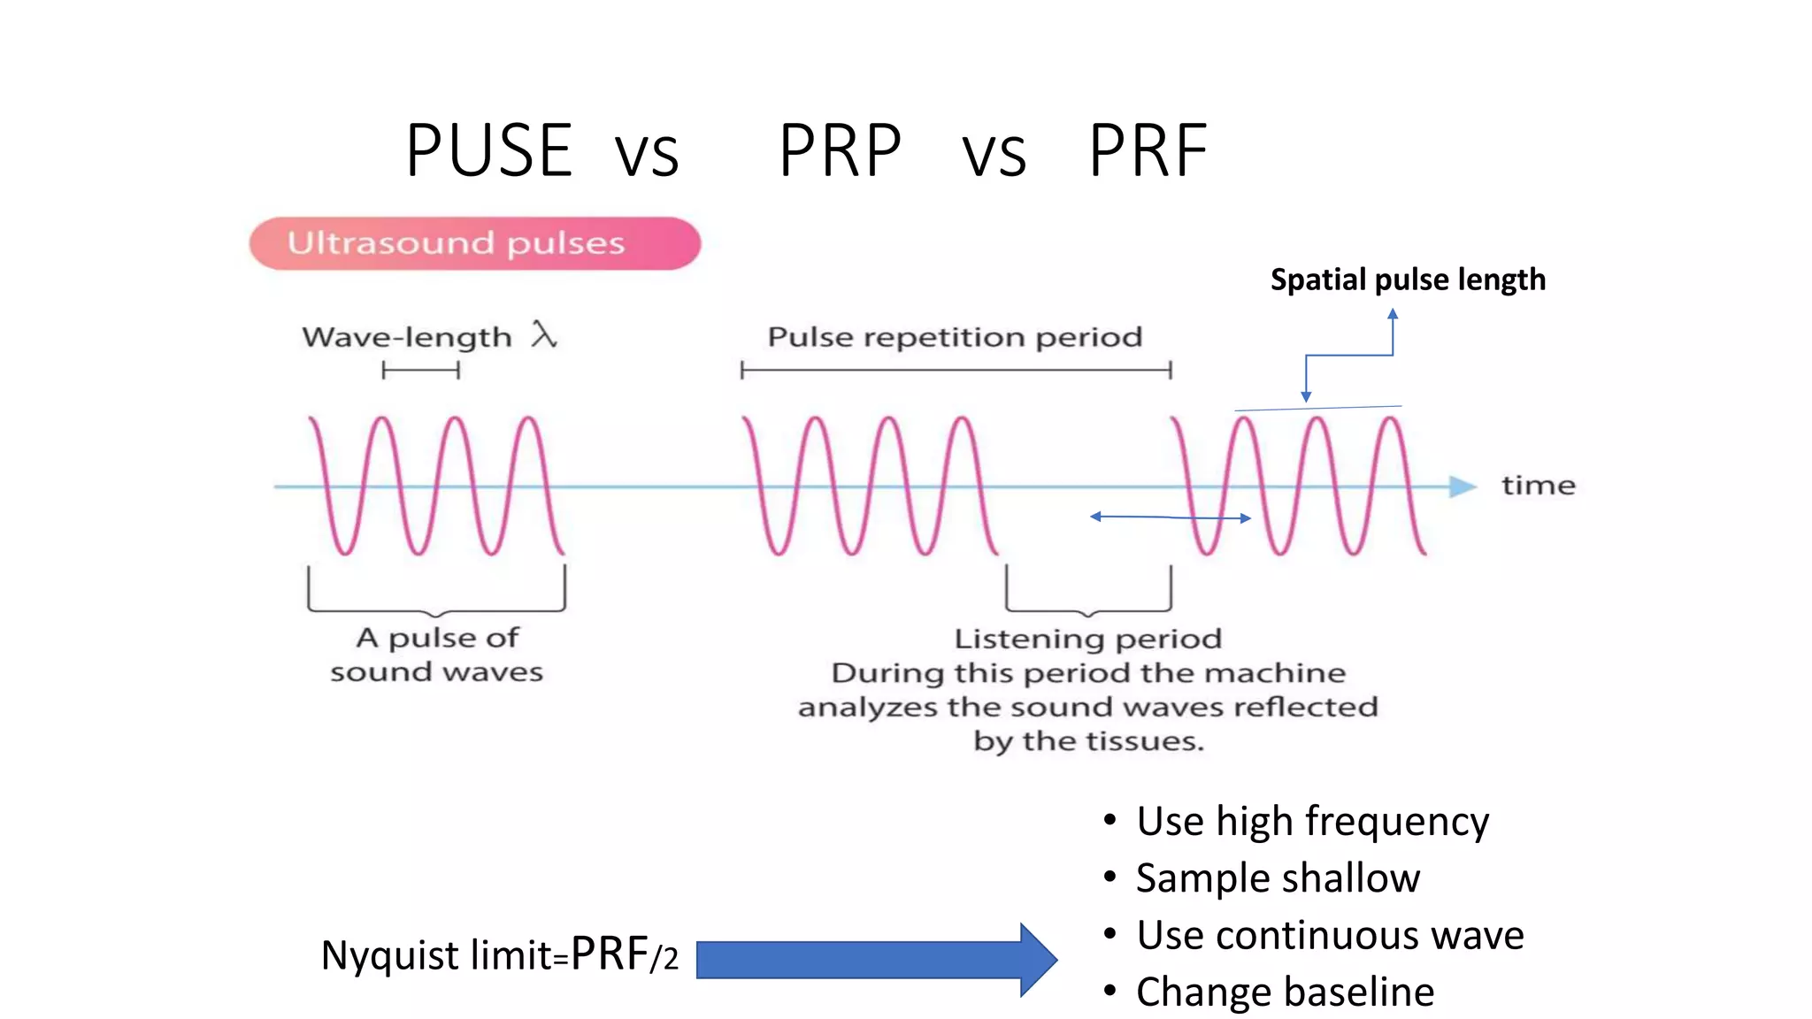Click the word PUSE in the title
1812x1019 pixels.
pyautogui.click(x=488, y=150)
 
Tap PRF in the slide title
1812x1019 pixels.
pyautogui.click(x=1148, y=150)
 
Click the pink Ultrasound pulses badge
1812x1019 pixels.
pyautogui.click(x=474, y=243)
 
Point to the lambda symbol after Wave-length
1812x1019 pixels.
pyautogui.click(x=543, y=335)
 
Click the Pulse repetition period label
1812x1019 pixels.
pyautogui.click(x=955, y=337)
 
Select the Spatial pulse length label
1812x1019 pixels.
pyautogui.click(x=1408, y=280)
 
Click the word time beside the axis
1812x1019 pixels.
pyautogui.click(x=1538, y=486)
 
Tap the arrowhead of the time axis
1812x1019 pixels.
pyautogui.click(x=1463, y=486)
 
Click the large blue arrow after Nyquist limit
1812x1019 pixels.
pyautogui.click(x=876, y=960)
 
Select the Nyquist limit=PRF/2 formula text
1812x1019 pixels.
pyautogui.click(x=499, y=955)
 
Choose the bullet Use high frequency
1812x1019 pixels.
pyautogui.click(x=1312, y=821)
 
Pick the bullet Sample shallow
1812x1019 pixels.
pyautogui.click(x=1278, y=878)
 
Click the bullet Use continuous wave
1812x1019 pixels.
pyautogui.click(x=1330, y=935)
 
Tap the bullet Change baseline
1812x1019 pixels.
pyautogui.click(x=1285, y=992)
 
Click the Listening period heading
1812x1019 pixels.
pyautogui.click(x=1087, y=639)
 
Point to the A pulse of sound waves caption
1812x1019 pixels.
pyautogui.click(x=437, y=655)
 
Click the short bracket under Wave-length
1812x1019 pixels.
pyautogui.click(x=420, y=371)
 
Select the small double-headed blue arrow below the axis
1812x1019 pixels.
pyautogui.click(x=1170, y=517)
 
